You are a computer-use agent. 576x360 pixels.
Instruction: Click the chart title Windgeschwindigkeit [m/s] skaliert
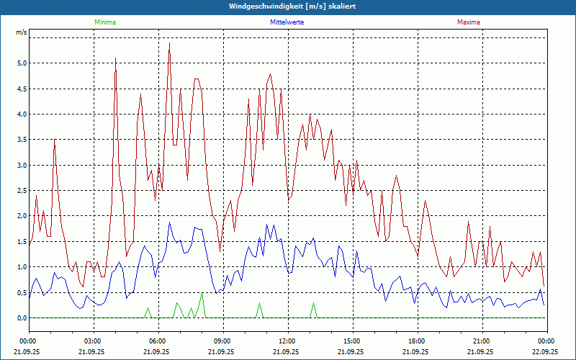tap(287, 6)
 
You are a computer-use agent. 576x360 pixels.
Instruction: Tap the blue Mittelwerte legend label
tap(287, 22)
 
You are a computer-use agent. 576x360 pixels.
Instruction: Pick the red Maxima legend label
tap(469, 22)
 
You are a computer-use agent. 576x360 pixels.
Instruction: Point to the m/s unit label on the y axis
tap(21, 33)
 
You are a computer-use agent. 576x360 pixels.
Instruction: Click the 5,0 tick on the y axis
tap(21, 63)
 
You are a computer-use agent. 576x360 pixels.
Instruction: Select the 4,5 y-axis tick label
tap(21, 89)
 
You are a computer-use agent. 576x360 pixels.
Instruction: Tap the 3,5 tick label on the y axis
tap(21, 140)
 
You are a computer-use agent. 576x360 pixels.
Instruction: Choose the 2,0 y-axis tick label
tap(21, 216)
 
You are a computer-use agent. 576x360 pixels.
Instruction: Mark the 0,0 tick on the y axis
tap(21, 318)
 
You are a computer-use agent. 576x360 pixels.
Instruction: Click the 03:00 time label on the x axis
tap(93, 341)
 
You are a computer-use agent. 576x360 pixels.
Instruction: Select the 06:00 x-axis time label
tap(158, 341)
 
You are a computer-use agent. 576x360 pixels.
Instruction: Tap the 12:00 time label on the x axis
tap(287, 341)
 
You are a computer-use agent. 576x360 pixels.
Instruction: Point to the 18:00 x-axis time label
tap(417, 341)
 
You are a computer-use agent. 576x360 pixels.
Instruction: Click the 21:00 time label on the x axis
tap(482, 341)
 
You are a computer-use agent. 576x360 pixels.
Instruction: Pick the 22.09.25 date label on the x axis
tap(546, 352)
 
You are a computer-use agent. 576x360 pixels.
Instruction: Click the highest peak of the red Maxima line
tap(169, 43)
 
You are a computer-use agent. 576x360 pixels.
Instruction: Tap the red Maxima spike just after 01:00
tap(54, 140)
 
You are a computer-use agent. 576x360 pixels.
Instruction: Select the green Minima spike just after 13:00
tap(313, 303)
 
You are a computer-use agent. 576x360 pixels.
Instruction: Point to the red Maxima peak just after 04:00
tap(116, 58)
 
